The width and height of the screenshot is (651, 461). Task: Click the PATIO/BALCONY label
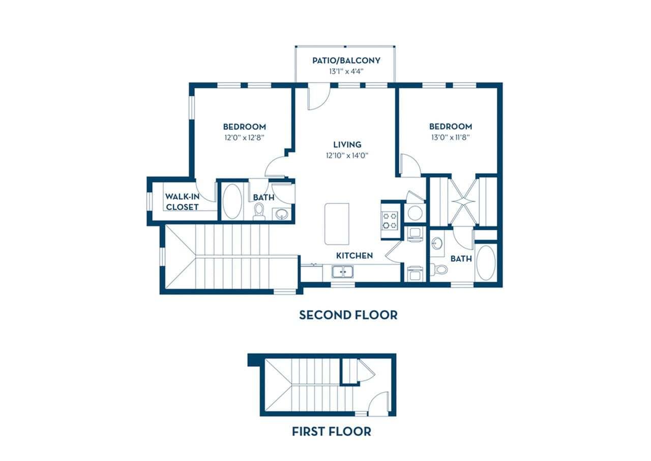pos(346,61)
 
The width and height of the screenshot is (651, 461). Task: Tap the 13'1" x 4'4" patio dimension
pos(346,72)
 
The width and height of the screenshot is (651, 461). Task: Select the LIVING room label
pos(347,145)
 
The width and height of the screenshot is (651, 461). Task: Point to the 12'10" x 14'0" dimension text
pos(347,156)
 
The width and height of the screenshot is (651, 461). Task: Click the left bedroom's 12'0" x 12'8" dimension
pos(244,138)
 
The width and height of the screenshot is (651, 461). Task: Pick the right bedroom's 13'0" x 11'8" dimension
pos(450,138)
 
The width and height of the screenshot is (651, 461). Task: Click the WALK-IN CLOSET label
pos(182,202)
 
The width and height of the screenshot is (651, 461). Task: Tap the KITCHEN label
pos(354,256)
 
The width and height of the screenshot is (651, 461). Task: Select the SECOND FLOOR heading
pos(348,315)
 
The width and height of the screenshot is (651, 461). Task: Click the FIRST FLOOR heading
pos(331,432)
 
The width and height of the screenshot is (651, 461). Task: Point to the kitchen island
pos(337,224)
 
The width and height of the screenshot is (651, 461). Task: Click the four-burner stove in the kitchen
pos(391,220)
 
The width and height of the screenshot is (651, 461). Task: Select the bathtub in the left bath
pos(232,202)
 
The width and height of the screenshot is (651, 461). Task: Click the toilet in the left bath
pos(259,211)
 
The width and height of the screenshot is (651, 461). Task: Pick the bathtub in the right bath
pos(486,263)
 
